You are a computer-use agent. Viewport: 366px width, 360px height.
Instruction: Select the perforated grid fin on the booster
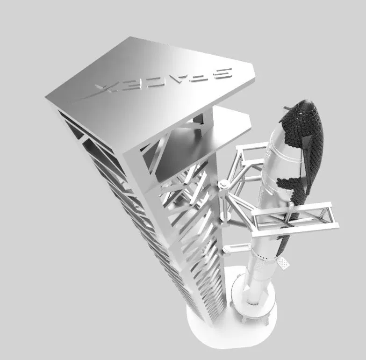tap(283, 262)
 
